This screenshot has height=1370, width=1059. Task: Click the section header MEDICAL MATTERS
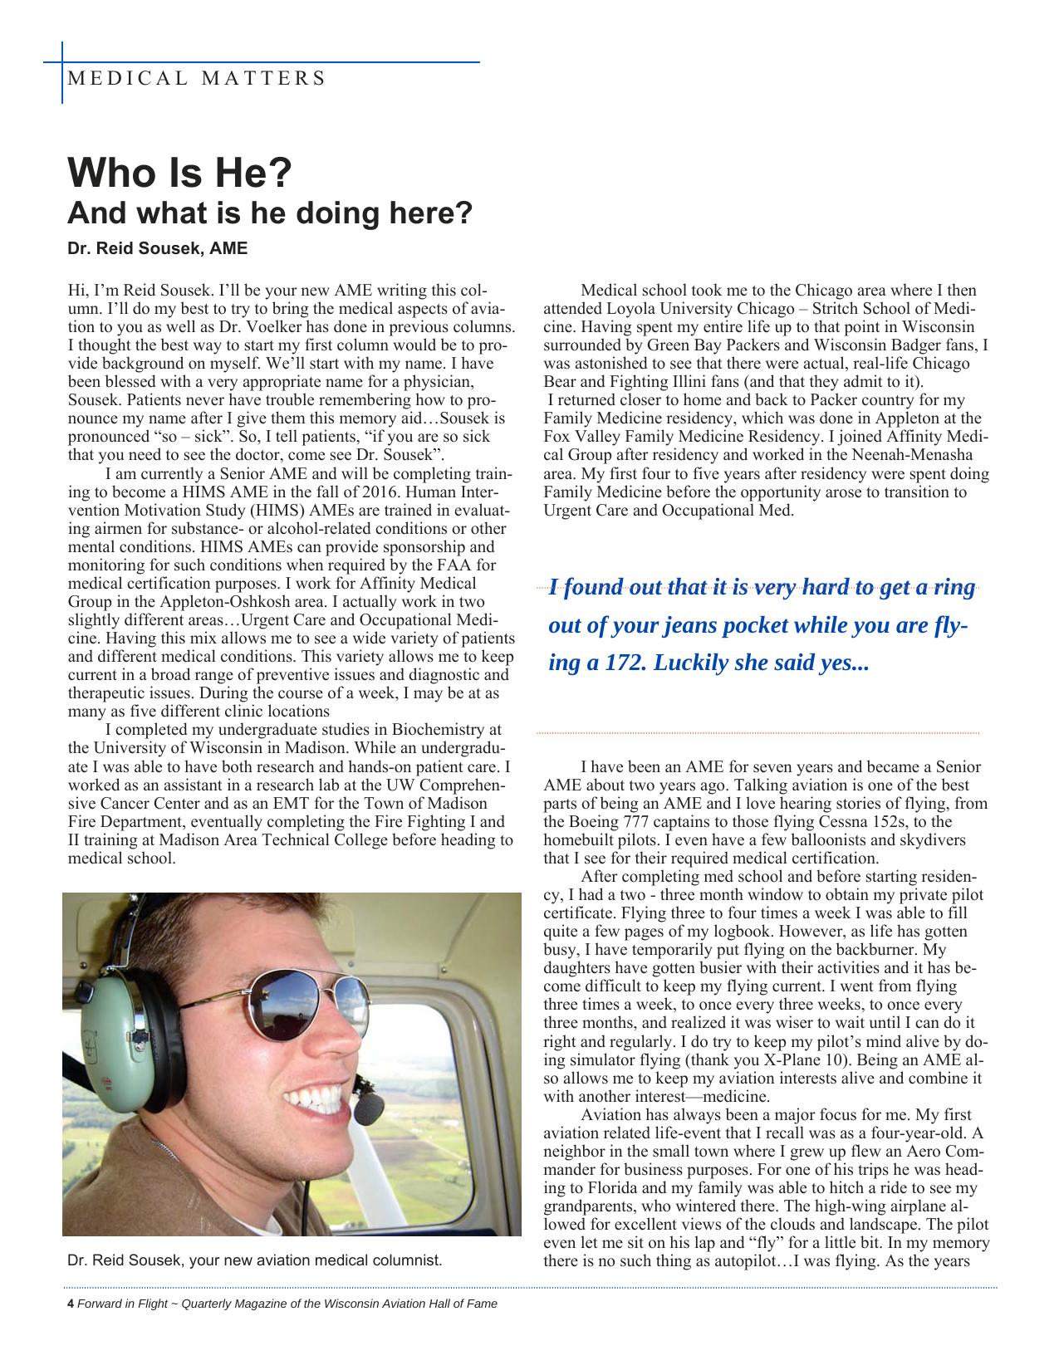pos(196,79)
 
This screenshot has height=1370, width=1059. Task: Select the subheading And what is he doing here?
pos(269,213)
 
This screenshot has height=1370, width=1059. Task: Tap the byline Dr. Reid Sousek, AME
pos(157,248)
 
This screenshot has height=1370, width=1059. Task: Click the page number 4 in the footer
pos(71,1304)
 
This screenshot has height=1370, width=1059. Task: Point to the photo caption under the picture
pos(254,1260)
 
